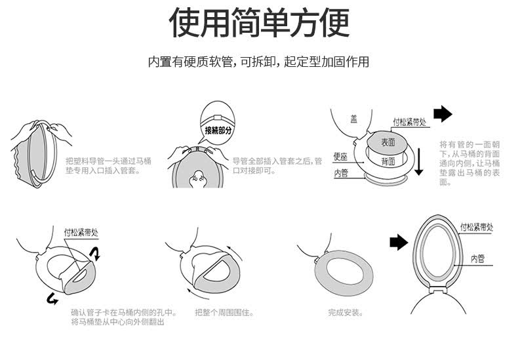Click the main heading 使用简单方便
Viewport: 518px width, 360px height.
(259, 23)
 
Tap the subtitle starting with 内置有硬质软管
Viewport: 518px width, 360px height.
(258, 62)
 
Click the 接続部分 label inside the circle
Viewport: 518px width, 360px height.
(218, 130)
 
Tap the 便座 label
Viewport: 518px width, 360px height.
(340, 157)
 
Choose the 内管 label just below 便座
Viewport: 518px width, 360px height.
(341, 173)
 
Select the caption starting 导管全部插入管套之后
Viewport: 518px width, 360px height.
(277, 165)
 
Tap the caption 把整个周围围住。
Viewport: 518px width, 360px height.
(224, 312)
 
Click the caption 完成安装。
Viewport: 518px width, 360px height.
(346, 312)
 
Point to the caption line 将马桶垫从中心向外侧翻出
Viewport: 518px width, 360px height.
(117, 322)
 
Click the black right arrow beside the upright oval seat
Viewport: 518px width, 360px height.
(399, 242)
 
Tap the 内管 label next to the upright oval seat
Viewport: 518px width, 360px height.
(477, 258)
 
